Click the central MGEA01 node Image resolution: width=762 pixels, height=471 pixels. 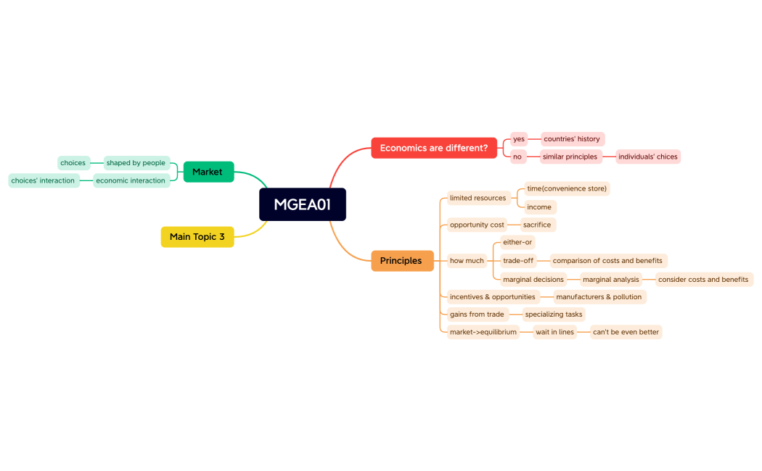(x=302, y=204)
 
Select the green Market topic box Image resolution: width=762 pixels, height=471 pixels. (x=208, y=172)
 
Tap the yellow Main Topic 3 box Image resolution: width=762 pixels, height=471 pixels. (x=197, y=237)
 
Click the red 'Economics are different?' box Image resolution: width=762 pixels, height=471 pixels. (x=434, y=148)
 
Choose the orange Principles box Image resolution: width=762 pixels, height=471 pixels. (x=401, y=261)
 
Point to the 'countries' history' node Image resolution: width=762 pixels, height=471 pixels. (x=572, y=139)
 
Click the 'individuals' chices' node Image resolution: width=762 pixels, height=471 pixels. (x=647, y=157)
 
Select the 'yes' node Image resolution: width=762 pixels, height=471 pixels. (x=518, y=139)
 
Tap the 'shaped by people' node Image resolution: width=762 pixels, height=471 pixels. (x=136, y=163)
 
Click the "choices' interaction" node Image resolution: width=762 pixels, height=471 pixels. (x=43, y=180)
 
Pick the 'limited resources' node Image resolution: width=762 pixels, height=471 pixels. (x=478, y=198)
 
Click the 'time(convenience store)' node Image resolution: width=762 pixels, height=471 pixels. (x=566, y=188)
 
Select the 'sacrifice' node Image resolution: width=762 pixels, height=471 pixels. (x=537, y=225)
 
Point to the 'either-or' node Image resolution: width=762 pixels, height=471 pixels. (x=517, y=242)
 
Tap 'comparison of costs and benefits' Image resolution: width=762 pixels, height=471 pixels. (x=607, y=261)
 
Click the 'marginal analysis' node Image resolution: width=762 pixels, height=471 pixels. (x=611, y=280)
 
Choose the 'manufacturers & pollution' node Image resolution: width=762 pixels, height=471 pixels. (x=599, y=297)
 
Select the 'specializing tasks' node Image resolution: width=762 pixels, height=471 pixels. (x=554, y=314)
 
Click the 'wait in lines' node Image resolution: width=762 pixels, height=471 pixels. (x=554, y=332)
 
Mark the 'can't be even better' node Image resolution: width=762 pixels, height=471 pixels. (x=626, y=332)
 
